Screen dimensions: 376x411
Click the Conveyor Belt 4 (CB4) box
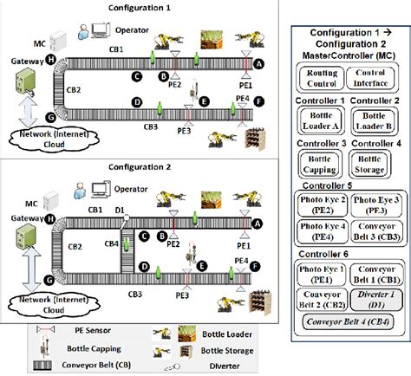[348, 323]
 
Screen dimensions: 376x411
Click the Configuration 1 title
[139, 7]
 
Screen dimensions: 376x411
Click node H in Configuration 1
[51, 59]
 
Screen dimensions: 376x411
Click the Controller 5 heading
[321, 185]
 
